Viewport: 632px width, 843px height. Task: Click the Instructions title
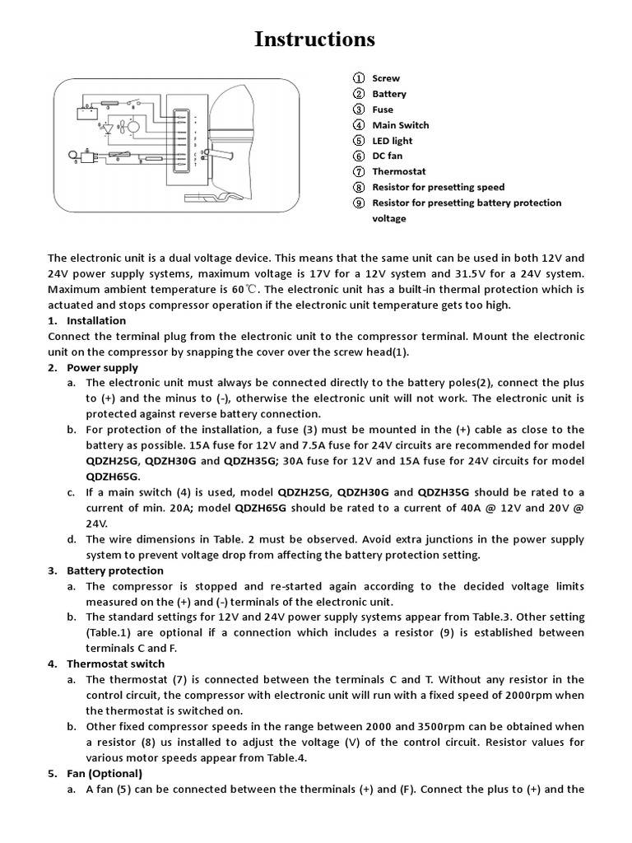[315, 39]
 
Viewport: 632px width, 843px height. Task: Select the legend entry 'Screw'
[386, 78]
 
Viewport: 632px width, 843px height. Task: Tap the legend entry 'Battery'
[389, 94]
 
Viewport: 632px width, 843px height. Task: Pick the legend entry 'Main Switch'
[400, 125]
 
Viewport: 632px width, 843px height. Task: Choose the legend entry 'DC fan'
[388, 156]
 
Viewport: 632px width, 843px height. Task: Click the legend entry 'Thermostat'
[399, 172]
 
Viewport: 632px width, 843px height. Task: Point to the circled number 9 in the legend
[359, 203]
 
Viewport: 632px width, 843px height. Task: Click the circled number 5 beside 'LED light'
[359, 141]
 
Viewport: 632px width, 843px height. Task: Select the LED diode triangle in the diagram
[106, 128]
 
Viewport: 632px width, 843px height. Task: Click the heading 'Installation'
[96, 321]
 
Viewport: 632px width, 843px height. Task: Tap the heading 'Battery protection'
[115, 571]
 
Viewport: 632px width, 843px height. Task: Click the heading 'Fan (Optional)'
[105, 774]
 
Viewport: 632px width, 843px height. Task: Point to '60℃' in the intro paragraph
[244, 290]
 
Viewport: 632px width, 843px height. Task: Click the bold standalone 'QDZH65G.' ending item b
[113, 477]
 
